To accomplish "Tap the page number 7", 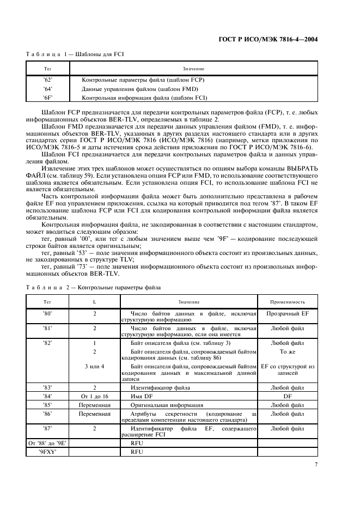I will point(316,465).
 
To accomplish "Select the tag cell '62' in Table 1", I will point(47,80).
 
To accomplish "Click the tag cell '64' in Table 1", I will point(47,89).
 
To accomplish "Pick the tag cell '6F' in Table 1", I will point(47,98).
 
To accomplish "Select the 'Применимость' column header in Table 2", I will point(288,302).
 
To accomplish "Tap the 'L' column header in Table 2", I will point(95,302).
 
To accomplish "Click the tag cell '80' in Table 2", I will point(47,314).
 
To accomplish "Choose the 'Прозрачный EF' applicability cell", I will point(288,314).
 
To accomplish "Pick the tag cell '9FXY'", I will point(47,452).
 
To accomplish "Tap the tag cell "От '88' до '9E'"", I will point(47,443).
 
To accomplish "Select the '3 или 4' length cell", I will point(95,366).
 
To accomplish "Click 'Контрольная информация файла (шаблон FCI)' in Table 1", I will point(144,98).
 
